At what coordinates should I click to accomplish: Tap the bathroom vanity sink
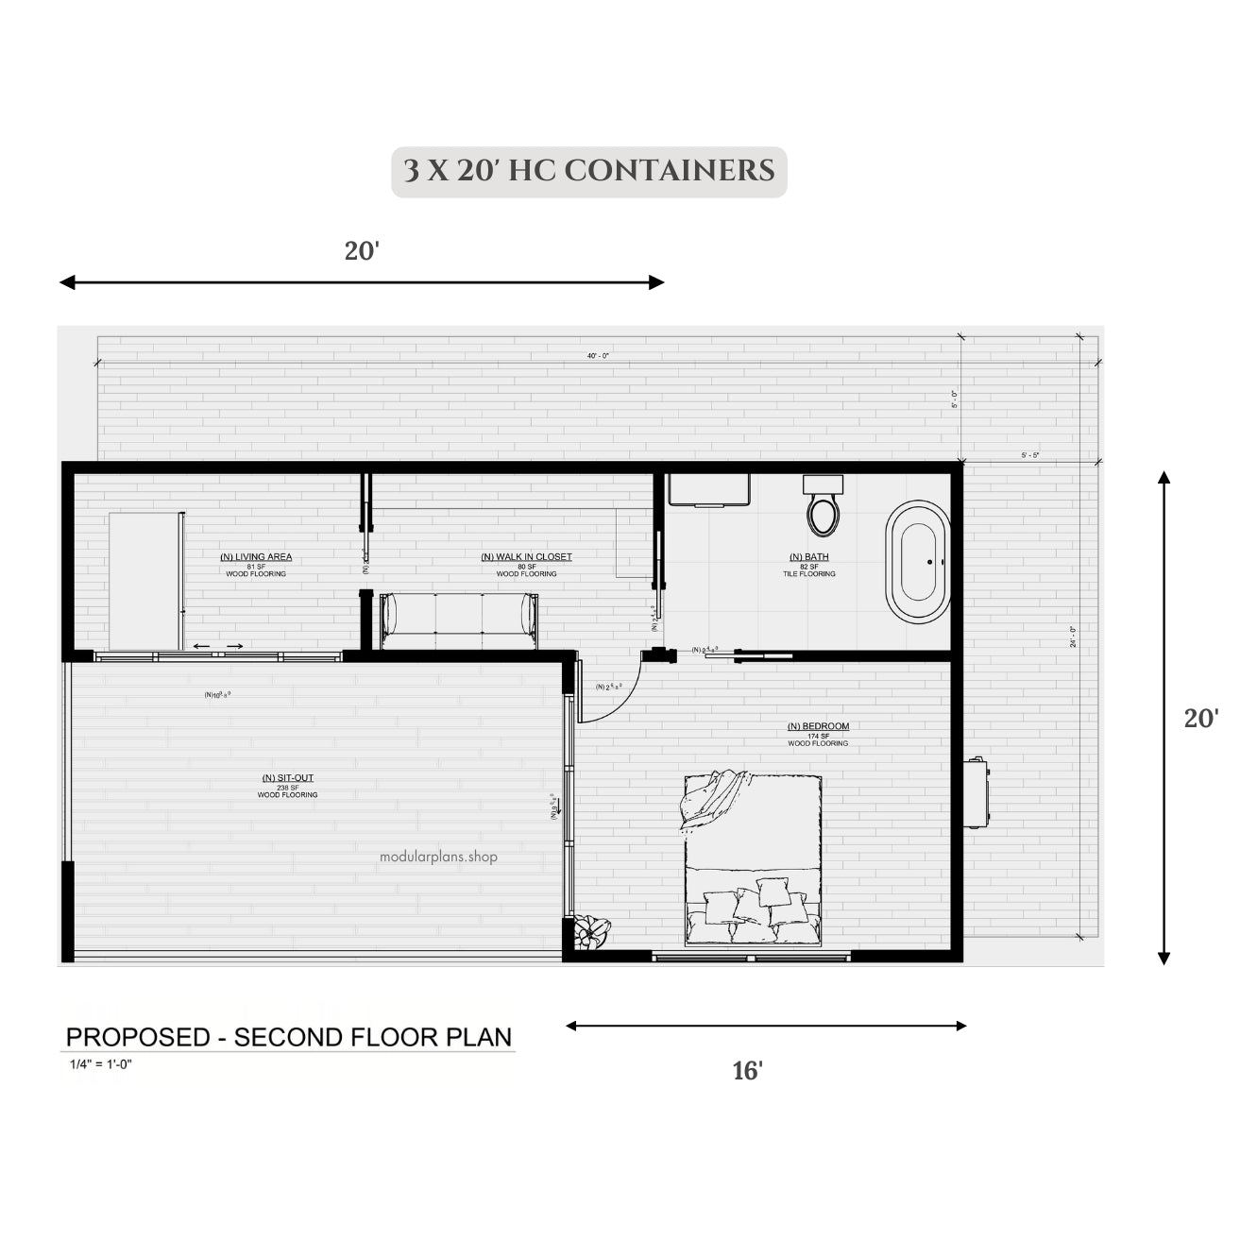(708, 490)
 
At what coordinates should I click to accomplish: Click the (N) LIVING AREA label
(256, 557)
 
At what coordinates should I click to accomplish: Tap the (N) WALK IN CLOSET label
(526, 557)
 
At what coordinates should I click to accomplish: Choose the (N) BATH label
(808, 557)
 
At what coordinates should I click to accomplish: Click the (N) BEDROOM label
(818, 726)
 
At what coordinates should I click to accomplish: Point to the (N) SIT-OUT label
(288, 778)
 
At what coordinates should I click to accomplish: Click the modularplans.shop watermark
(438, 857)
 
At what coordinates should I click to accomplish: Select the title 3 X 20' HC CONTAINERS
(589, 171)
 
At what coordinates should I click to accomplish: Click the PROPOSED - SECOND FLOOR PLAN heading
(288, 1037)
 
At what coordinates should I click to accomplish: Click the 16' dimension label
(747, 1071)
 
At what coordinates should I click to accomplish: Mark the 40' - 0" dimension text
(598, 356)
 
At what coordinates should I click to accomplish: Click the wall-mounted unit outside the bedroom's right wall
(977, 791)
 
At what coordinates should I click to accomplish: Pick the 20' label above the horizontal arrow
(362, 251)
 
